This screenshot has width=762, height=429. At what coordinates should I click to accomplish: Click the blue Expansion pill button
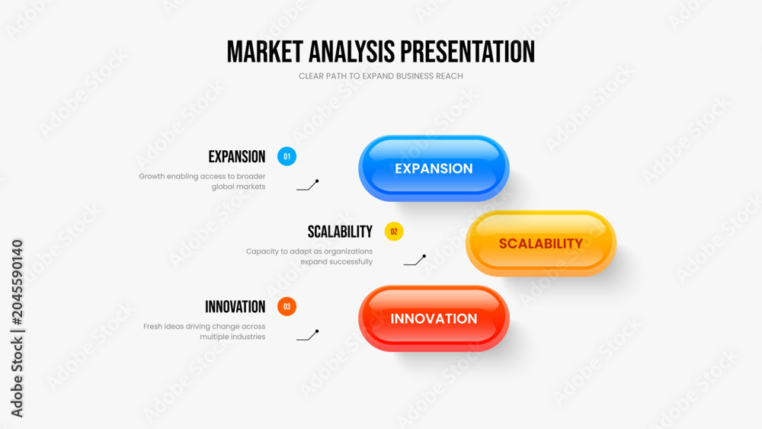pos(434,168)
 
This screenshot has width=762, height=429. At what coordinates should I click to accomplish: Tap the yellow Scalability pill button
pos(541,243)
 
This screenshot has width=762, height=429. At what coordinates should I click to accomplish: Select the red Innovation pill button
pos(434,319)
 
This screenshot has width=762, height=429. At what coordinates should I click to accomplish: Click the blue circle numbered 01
pos(287,156)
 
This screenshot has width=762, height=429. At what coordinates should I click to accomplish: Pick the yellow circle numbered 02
pos(394,232)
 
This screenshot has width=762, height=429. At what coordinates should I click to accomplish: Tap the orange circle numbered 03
pos(287,306)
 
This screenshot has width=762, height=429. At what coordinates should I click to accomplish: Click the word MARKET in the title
pos(265,52)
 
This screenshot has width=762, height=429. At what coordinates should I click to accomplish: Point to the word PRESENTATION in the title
pos(468,52)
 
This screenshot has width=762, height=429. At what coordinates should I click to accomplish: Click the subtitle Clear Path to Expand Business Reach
pos(380,76)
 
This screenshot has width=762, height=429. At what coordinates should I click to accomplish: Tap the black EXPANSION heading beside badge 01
pos(237,156)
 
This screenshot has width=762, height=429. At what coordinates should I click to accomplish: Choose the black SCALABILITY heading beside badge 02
pos(340,232)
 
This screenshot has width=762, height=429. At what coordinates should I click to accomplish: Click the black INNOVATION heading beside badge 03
pos(235,306)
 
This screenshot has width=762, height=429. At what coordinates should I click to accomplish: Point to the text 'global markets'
pos(238,187)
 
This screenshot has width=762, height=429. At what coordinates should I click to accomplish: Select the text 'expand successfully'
pos(336,262)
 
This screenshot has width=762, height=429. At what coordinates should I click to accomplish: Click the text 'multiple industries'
pos(232,337)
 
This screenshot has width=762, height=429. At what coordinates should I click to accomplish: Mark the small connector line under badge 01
pos(308,186)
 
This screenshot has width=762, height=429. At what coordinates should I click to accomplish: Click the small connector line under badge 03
pos(308,336)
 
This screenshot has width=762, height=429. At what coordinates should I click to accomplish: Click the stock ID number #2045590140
pos(17,282)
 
